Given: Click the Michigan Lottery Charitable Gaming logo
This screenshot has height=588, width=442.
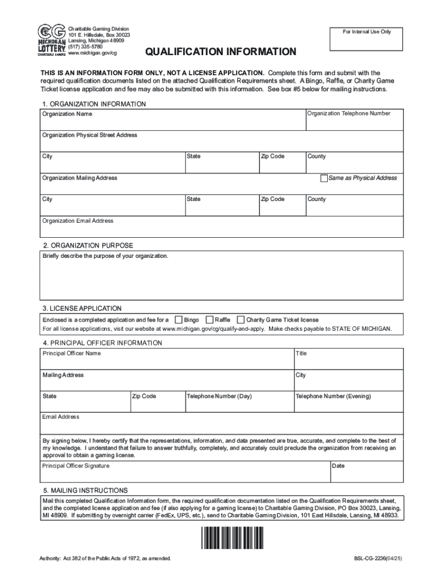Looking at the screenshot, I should click(51, 40).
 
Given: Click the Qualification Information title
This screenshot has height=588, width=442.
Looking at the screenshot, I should click(220, 52).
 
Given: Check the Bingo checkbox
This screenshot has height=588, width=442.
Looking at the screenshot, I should click(179, 319).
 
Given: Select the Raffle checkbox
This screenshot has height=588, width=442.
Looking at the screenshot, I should click(210, 319).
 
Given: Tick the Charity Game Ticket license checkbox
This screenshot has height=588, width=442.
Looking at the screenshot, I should click(241, 319).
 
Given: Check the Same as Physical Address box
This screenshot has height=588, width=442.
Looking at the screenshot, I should click(324, 178).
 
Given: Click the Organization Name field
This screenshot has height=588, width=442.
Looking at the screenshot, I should click(172, 122).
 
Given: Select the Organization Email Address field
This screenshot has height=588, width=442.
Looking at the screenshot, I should click(221, 228).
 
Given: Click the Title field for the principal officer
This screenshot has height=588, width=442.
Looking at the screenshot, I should click(348, 361).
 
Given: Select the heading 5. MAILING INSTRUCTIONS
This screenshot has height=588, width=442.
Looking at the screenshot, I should click(85, 490).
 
